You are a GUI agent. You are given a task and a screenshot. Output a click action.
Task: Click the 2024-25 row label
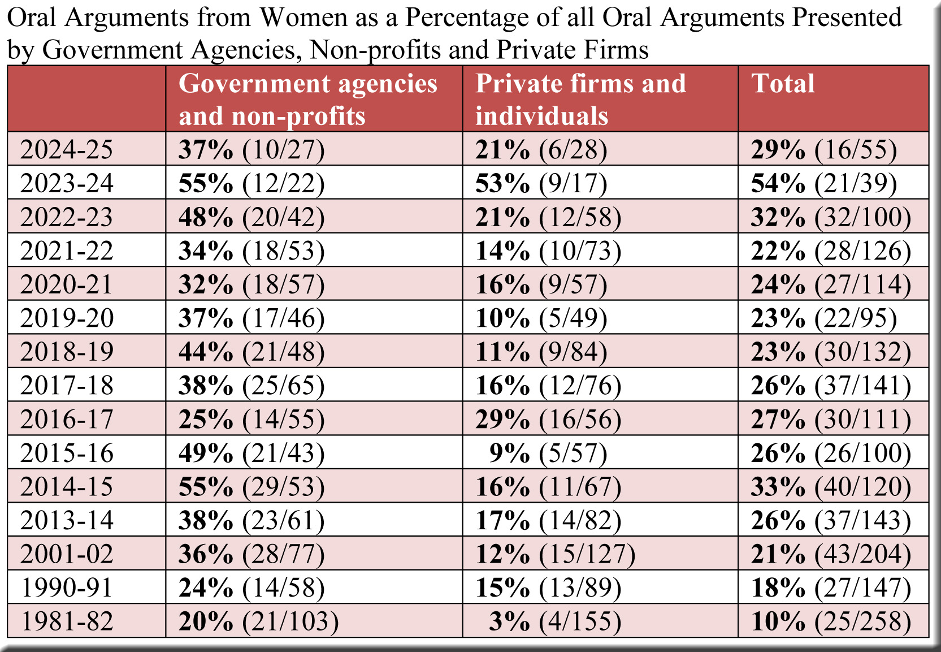coord(67,150)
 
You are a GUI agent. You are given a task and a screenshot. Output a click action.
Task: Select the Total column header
coord(783,84)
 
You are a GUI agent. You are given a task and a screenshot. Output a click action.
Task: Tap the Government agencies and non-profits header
coord(308,100)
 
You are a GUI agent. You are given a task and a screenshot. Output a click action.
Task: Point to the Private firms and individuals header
coord(580,100)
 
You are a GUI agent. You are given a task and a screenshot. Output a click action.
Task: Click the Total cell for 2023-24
coord(823,184)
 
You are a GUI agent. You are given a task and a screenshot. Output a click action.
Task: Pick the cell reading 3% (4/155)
coord(555,621)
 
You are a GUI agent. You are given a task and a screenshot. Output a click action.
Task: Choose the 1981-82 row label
coord(67,621)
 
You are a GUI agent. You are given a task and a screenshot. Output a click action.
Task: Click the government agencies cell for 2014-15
coord(251,487)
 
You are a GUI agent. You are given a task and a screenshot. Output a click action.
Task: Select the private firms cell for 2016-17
coord(548,420)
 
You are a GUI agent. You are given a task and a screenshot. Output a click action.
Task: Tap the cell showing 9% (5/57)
coord(548,454)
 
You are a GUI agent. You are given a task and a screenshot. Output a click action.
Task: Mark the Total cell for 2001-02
coord(831,554)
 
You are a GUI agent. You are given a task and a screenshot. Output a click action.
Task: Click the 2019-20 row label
coord(67,318)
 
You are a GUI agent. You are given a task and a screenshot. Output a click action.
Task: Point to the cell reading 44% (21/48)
coord(251,352)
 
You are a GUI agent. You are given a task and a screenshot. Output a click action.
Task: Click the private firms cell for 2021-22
coord(548,251)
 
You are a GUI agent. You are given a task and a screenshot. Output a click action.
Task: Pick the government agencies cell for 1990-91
coord(251,588)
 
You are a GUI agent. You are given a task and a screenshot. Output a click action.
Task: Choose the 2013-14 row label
coord(67,521)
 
